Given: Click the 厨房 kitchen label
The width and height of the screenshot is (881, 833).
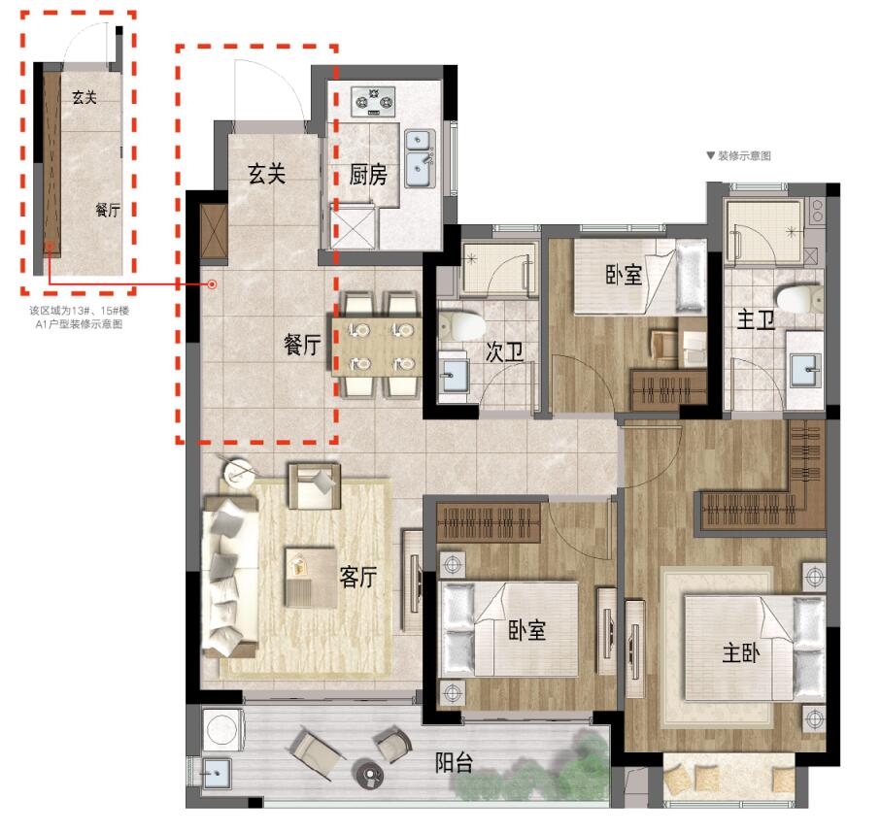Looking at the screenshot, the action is tap(368, 176).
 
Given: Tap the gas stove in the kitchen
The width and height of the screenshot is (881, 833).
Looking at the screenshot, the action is tap(373, 102).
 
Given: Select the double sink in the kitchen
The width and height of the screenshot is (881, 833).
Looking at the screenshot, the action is tap(420, 159).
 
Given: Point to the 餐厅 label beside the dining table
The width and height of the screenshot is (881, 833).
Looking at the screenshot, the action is tap(302, 344).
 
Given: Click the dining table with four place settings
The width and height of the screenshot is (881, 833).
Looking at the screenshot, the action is tap(377, 348).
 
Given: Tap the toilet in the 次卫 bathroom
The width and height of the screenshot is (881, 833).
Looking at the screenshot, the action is tap(461, 326).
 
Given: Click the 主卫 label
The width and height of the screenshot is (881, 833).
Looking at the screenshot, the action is tap(755, 319).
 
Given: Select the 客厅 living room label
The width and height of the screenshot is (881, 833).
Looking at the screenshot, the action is tap(357, 577).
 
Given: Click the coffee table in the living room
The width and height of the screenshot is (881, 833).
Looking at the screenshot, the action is tap(311, 578).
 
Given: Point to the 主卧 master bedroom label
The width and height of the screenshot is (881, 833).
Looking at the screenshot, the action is tap(741, 653).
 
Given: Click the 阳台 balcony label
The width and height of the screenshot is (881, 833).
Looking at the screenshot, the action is tap(454, 763).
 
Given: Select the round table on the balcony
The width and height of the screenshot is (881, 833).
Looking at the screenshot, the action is tap(370, 775).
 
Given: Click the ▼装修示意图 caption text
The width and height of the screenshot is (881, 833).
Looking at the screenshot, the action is tap(739, 155).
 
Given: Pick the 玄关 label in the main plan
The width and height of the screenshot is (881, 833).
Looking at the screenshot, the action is tap(267, 174).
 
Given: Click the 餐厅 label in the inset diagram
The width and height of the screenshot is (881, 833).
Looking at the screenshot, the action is tap(108, 210).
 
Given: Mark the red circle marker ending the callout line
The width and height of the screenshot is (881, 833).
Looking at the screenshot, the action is tap(213, 284).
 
